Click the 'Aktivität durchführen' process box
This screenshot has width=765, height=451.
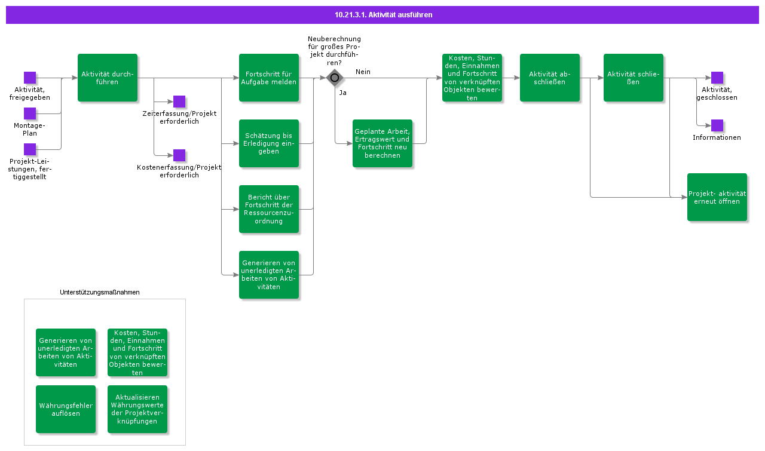coord(108,78)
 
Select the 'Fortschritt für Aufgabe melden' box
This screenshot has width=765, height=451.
coord(269,78)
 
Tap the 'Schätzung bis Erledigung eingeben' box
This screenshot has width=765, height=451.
coord(269,143)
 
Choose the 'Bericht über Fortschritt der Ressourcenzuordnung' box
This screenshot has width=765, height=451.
coord(269,209)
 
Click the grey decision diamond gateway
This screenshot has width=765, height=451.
coord(335,78)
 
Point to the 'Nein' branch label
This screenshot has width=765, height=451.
coord(363,72)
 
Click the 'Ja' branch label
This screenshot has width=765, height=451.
coord(343,93)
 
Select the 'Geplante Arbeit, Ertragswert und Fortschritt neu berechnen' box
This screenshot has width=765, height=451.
coord(382,143)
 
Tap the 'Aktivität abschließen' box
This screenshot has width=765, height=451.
coord(550,78)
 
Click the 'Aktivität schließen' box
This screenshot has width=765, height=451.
coord(634,78)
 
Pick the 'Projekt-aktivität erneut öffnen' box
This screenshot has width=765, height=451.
coord(717,197)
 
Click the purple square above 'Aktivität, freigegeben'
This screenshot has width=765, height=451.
coord(30,78)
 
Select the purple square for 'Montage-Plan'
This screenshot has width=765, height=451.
coord(30,113)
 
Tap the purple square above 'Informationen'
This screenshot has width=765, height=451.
coord(717,125)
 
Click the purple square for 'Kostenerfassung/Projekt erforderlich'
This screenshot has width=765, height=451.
coord(179,155)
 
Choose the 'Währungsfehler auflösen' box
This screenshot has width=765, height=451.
coord(66,409)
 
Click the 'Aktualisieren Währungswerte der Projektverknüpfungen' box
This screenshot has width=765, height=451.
coord(137,409)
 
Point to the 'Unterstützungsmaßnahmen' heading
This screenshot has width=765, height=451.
coord(100,292)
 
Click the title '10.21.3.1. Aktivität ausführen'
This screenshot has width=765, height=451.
coord(384,15)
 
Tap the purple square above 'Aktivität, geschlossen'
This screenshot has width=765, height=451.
coord(717,78)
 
